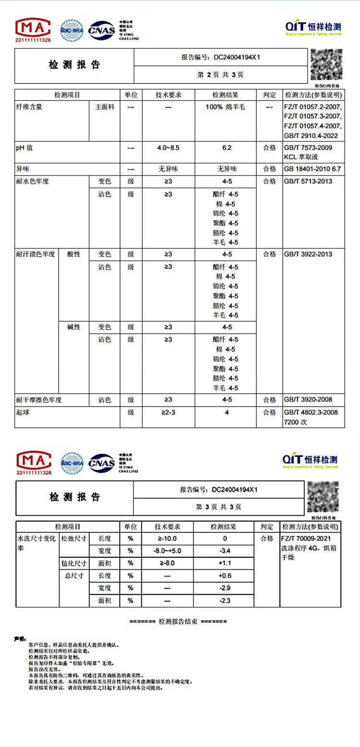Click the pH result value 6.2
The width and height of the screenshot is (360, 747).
227,148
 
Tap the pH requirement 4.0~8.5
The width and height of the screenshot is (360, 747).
168,148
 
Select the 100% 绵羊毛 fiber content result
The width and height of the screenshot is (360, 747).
225,107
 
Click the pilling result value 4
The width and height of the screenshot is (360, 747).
227,412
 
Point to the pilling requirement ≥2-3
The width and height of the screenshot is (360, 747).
168,412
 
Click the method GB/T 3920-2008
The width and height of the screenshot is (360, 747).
308,400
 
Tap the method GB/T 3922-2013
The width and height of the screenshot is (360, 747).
308,254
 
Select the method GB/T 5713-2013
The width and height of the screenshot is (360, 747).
308,181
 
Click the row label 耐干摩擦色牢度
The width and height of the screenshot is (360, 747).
39,400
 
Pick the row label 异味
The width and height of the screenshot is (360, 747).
23,169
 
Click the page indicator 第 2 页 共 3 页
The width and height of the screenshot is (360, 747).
220,75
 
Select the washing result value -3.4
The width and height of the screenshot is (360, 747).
225,551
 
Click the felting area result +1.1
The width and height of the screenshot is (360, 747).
225,563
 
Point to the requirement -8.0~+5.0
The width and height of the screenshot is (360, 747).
167,551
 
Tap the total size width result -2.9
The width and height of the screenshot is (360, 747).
225,588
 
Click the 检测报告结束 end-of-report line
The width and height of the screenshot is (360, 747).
178,622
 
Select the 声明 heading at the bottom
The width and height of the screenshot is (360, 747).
20,639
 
